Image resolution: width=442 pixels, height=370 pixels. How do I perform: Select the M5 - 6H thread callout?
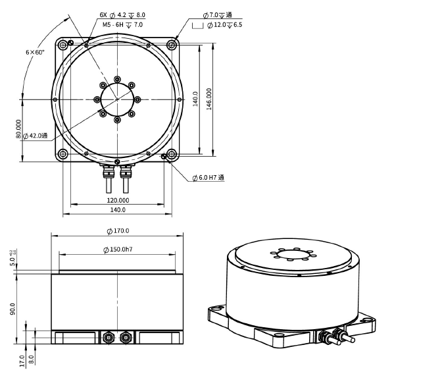(122, 24)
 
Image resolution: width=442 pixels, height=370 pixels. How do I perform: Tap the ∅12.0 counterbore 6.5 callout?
(224, 24)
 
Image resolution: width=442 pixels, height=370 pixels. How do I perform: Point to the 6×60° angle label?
(35, 51)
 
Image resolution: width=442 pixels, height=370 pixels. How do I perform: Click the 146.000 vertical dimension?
(209, 99)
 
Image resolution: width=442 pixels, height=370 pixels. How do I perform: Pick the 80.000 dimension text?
(19, 129)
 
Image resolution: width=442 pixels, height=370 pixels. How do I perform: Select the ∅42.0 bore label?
(36, 136)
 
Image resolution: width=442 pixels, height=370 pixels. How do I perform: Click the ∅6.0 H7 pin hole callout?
(208, 178)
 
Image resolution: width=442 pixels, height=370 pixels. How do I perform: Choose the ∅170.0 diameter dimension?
(118, 230)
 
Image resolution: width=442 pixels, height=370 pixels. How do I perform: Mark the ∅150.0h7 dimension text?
(118, 250)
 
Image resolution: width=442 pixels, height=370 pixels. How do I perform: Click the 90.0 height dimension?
(12, 308)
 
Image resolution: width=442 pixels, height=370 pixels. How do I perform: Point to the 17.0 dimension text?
(22, 361)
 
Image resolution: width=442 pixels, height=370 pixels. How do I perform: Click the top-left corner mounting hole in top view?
(63, 45)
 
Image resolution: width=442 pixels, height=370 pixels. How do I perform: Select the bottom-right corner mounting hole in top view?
(172, 154)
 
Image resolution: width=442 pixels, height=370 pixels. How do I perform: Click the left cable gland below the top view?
(106, 172)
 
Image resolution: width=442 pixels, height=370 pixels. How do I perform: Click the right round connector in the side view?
(126, 338)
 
